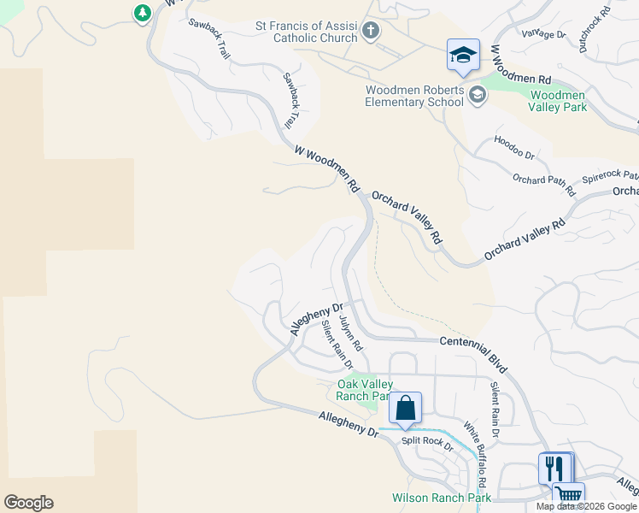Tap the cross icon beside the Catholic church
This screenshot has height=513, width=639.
click(x=370, y=32)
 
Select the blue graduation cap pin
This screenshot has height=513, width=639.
click(x=463, y=56)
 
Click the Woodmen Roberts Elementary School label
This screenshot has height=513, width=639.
click(x=415, y=96)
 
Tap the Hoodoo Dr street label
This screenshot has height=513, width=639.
click(x=513, y=148)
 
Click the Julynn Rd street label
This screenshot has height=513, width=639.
click(x=350, y=335)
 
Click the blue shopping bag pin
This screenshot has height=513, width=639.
click(x=405, y=409)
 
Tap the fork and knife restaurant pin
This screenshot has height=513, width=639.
click(x=554, y=468)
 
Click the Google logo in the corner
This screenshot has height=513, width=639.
click(x=29, y=503)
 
